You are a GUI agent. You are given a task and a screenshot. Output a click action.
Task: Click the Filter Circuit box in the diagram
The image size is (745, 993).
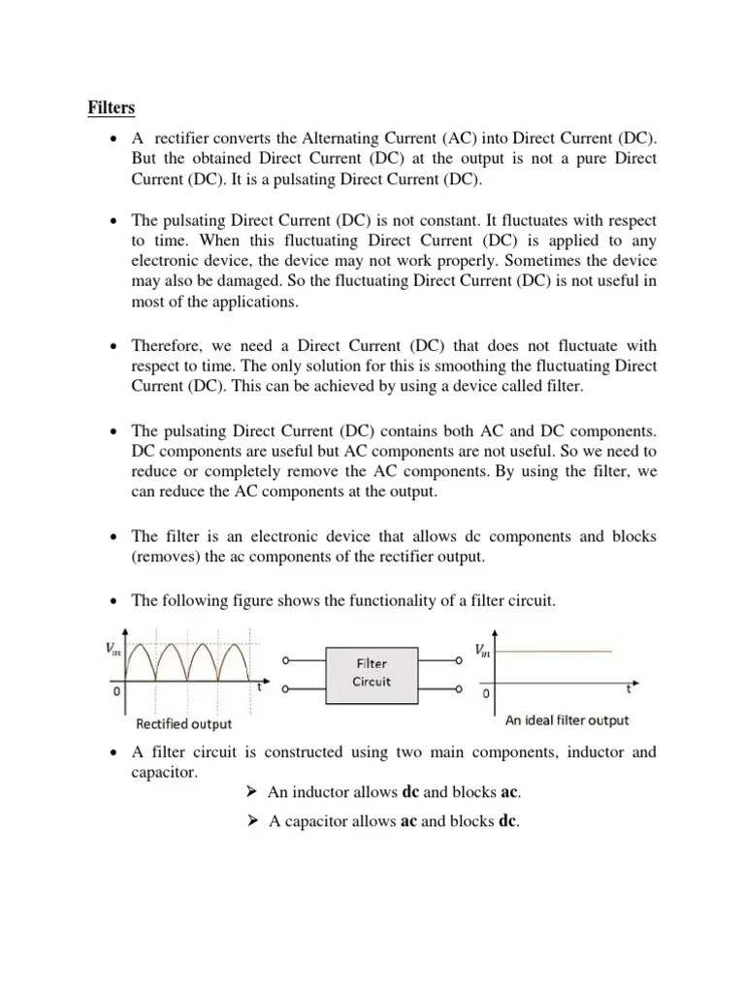point(372,672)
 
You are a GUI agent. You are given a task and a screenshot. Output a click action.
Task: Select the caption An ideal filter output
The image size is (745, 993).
point(567,721)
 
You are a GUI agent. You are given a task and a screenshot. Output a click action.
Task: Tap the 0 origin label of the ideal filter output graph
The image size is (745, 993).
point(486,695)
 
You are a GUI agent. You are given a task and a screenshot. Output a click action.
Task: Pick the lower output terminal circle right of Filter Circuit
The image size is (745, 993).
point(458,690)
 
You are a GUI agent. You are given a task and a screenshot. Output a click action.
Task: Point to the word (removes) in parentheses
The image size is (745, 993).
point(162,556)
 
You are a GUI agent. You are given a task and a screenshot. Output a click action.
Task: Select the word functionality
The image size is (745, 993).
point(373,601)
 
